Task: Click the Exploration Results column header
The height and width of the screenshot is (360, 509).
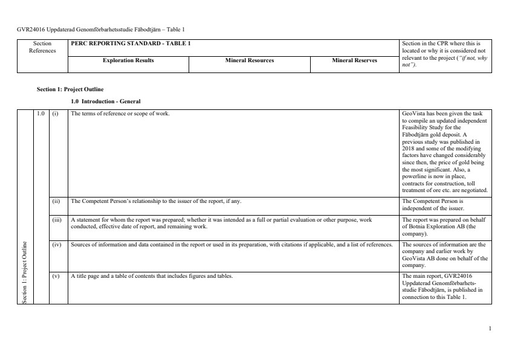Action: pos(128,61)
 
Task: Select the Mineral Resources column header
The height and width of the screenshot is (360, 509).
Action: pos(250,61)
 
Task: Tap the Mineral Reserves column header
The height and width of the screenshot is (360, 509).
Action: pos(354,61)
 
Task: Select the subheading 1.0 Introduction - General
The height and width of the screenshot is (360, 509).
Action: pos(106,101)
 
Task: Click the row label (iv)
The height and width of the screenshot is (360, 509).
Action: pos(56,245)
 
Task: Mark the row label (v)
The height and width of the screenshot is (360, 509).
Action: pos(56,276)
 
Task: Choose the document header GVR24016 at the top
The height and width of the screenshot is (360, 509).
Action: pos(100,29)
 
